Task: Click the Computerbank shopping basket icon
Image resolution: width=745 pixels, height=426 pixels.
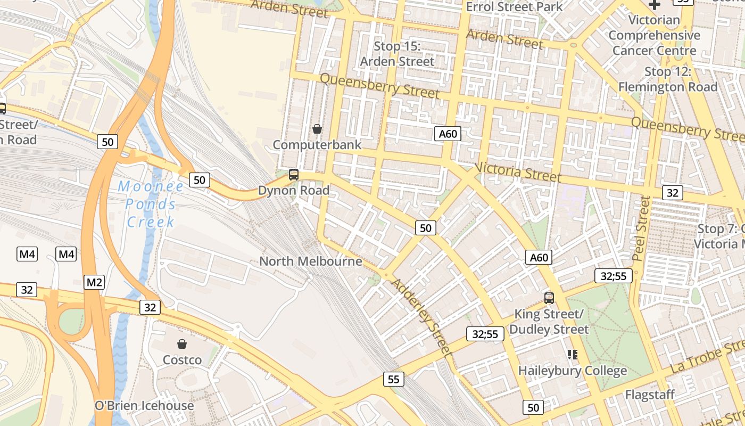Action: pos(317,129)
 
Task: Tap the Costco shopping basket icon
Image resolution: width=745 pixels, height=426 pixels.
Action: pos(182,344)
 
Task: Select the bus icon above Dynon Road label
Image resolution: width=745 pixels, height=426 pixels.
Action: pos(293,174)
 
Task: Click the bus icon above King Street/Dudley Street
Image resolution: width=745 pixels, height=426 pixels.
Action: pos(549,298)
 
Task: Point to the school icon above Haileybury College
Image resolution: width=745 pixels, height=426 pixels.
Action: pos(573,354)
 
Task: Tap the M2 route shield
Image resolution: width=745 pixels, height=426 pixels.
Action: pos(94,282)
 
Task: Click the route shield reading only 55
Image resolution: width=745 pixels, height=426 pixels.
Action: pos(393,379)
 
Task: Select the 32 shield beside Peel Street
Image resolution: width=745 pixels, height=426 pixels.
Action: pos(672,192)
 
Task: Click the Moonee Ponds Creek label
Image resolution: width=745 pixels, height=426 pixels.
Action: pos(151,204)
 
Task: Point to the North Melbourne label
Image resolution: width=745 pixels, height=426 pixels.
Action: pos(310,261)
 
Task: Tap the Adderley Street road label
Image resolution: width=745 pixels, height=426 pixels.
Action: pos(422,317)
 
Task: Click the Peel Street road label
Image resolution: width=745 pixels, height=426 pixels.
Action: pos(642,228)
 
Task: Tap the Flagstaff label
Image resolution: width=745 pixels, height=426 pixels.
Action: pos(650,395)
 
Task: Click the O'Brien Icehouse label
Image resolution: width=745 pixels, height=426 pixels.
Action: pos(144,405)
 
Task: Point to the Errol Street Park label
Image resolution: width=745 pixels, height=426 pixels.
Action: pos(514,7)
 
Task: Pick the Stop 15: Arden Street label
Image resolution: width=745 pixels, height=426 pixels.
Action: pos(397,54)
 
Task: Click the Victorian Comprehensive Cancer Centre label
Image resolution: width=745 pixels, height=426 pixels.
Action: pos(654,35)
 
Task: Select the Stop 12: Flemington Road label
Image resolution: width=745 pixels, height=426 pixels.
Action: pos(668,79)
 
